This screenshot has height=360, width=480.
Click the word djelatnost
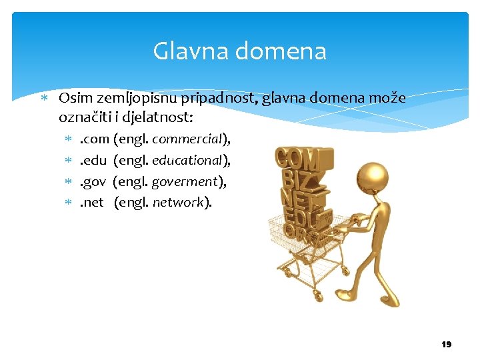click(x=157, y=118)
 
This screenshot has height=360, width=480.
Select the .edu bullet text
click(x=93, y=161)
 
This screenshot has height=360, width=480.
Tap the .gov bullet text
click(x=93, y=181)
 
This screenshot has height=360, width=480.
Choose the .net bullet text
click(x=92, y=202)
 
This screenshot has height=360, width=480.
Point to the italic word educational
click(x=188, y=161)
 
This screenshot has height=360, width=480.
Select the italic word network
click(x=178, y=202)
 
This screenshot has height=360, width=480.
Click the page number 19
click(x=446, y=344)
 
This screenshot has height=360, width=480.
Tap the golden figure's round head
click(x=371, y=177)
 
